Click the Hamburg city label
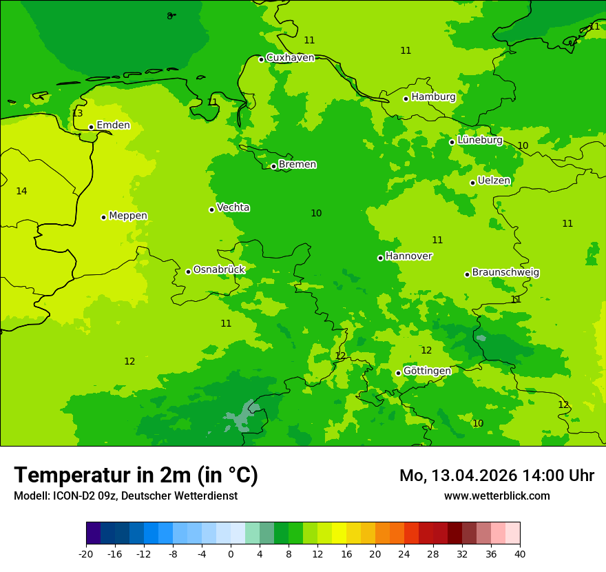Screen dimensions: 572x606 click(x=433, y=97)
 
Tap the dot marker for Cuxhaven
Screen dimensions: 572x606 click(x=261, y=59)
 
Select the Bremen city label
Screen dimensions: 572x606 click(x=297, y=165)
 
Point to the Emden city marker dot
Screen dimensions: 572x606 click(x=91, y=127)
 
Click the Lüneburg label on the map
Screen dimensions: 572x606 click(x=480, y=140)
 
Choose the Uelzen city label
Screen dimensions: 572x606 click(x=494, y=181)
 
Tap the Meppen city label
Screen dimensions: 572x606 click(x=128, y=216)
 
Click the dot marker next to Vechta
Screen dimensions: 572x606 click(x=211, y=210)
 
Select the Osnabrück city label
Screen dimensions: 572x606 click(x=219, y=269)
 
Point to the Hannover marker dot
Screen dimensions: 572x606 click(x=380, y=258)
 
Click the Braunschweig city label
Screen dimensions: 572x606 click(x=505, y=273)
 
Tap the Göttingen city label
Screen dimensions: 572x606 click(x=427, y=371)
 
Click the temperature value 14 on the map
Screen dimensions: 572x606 click(x=21, y=191)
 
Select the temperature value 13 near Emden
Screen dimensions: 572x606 click(x=77, y=114)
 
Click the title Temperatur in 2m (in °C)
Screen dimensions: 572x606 click(x=136, y=475)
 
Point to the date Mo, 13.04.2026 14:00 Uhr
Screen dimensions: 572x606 click(x=497, y=476)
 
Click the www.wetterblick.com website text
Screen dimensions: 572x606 click(x=497, y=496)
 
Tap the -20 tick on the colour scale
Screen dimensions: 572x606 click(x=86, y=554)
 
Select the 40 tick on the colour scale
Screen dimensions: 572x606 click(x=520, y=554)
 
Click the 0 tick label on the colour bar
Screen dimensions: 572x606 click(x=231, y=554)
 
